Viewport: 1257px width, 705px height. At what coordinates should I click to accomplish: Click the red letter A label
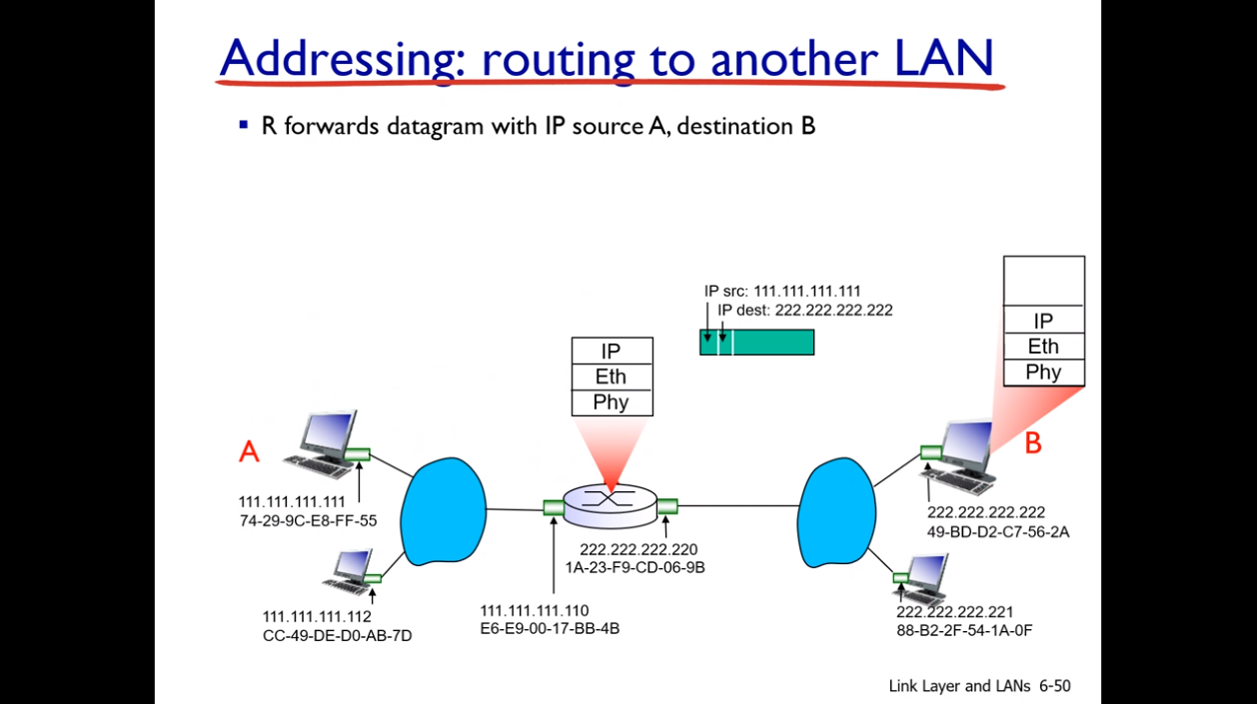pyautogui.click(x=249, y=451)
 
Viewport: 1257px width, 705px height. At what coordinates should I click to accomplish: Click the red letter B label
pyautogui.click(x=1033, y=443)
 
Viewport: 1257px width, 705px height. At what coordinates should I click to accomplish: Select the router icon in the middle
pyautogui.click(x=611, y=502)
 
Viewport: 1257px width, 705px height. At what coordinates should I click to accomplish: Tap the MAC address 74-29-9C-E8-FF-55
pyautogui.click(x=308, y=519)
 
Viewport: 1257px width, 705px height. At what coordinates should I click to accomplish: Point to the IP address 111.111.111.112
pyautogui.click(x=317, y=616)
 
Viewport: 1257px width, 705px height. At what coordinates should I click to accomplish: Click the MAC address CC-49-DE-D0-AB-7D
pyautogui.click(x=337, y=635)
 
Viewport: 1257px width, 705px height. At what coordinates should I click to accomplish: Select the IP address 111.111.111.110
pyautogui.click(x=535, y=610)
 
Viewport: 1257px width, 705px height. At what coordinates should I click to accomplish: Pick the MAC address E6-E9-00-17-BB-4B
pyautogui.click(x=550, y=628)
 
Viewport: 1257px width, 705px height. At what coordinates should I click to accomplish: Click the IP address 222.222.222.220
pyautogui.click(x=638, y=549)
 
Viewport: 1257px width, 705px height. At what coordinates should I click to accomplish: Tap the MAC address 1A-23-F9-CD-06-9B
pyautogui.click(x=634, y=567)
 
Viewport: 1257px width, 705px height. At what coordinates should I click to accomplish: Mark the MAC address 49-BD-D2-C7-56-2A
pyautogui.click(x=998, y=531)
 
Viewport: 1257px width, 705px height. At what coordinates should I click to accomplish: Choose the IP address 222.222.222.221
pyautogui.click(x=955, y=611)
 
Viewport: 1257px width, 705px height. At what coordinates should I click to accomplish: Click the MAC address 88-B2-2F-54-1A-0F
pyautogui.click(x=964, y=630)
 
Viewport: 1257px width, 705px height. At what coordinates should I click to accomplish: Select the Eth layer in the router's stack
pyautogui.click(x=612, y=376)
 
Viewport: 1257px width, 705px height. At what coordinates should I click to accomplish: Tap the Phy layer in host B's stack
pyautogui.click(x=1043, y=372)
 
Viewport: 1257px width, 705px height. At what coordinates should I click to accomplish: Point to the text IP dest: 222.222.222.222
pyautogui.click(x=804, y=311)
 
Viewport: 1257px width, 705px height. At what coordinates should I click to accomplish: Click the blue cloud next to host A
pyautogui.click(x=443, y=511)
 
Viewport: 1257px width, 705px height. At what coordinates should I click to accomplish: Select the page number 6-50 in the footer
pyautogui.click(x=1054, y=686)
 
